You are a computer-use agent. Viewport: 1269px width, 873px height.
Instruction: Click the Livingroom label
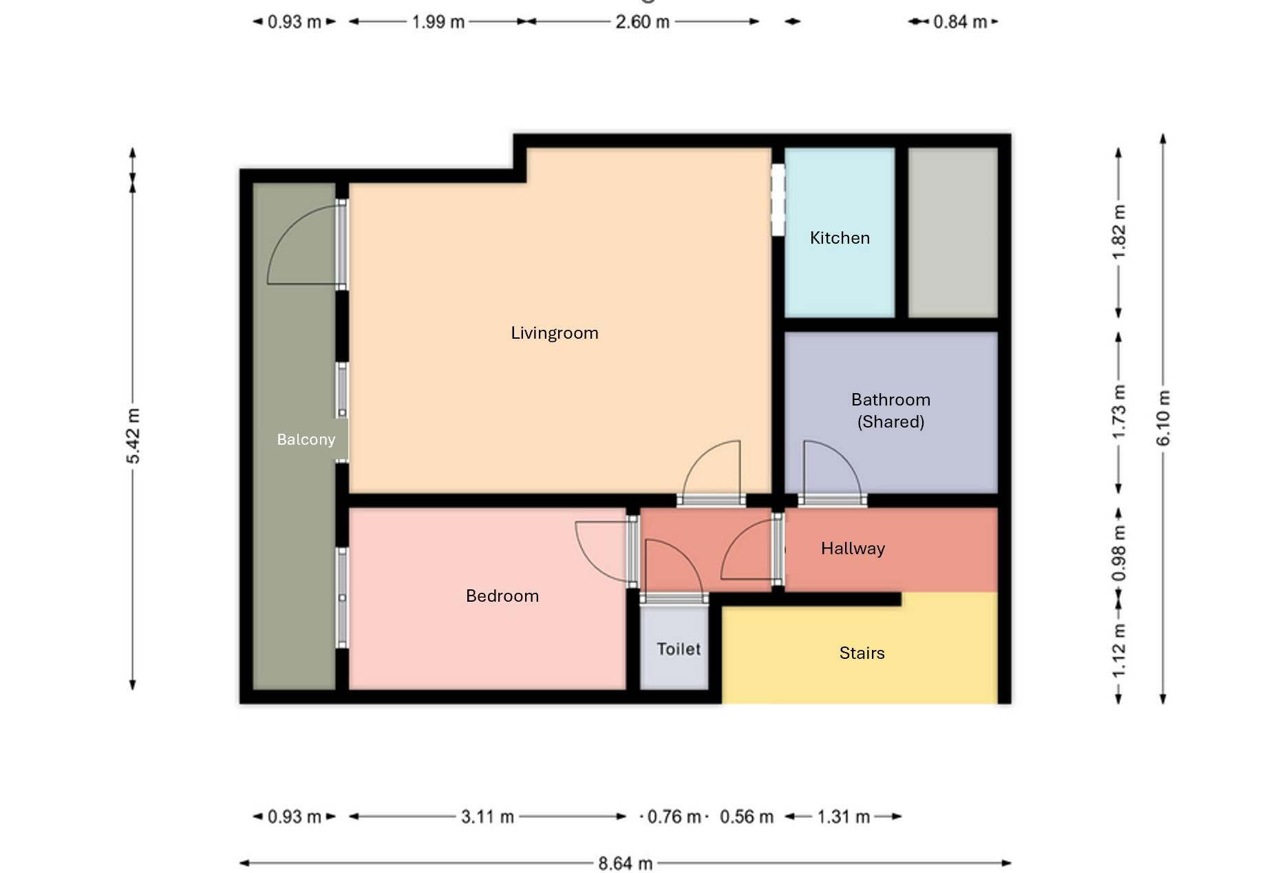555,333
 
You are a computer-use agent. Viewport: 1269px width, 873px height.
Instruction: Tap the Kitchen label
840,238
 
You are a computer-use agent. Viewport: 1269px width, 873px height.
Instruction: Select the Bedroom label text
502,596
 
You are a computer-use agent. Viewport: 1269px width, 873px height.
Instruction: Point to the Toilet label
679,649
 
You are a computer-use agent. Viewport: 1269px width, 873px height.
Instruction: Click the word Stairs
862,653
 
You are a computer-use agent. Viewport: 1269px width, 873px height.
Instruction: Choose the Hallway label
853,549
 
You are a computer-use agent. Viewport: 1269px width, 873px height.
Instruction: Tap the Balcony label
306,440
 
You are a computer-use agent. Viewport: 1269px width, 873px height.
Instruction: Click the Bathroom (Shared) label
891,411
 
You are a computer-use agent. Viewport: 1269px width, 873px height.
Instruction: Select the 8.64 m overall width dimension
625,863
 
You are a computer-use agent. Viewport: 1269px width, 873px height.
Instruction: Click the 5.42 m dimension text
133,436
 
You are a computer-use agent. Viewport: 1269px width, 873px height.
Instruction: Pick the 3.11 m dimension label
487,817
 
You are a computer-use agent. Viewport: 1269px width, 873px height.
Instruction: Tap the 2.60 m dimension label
642,22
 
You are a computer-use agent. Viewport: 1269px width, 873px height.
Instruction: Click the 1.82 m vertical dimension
1119,233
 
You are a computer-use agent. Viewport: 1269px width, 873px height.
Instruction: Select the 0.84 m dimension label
960,22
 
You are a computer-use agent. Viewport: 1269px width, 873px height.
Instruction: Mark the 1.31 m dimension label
843,817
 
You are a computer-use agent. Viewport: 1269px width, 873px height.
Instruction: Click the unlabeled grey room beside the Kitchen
952,233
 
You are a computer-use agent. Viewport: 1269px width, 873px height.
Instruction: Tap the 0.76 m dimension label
674,817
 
